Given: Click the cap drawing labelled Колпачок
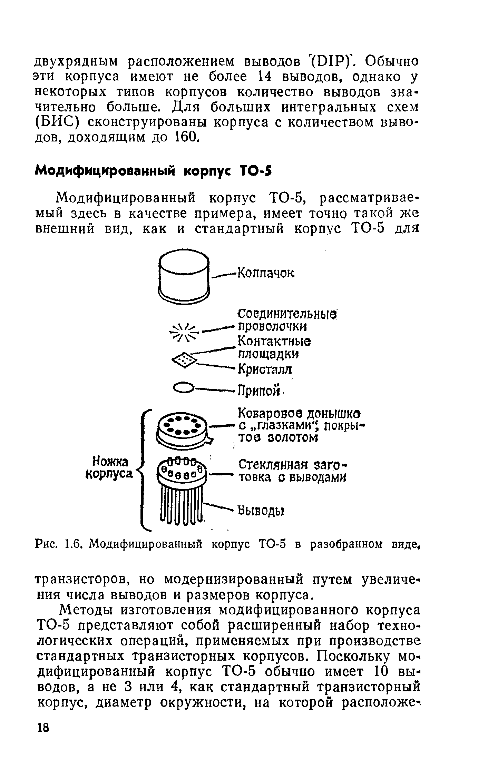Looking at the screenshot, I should pyautogui.click(x=184, y=276).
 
